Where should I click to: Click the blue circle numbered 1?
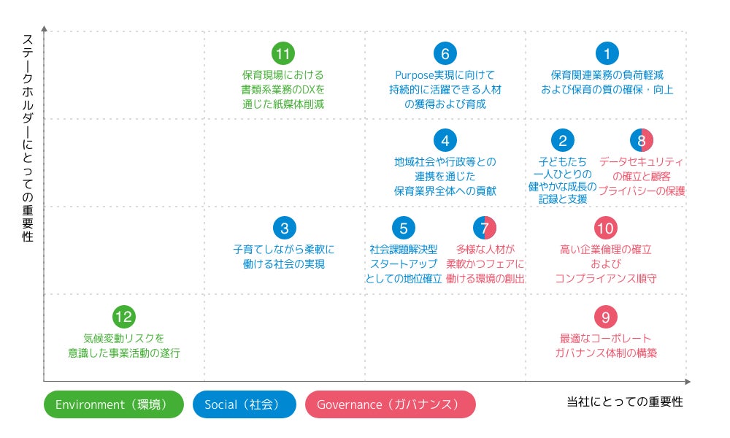607,53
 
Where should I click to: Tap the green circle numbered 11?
283,53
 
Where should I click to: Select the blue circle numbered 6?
445,53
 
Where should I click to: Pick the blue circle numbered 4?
445,141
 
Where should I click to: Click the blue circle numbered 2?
562,141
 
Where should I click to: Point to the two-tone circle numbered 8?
642,141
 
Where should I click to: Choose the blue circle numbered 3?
284,228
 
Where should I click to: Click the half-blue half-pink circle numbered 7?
485,228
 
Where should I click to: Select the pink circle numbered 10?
606,228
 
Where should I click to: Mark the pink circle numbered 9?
606,317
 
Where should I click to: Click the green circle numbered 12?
124,317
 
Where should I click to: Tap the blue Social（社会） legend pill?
244,404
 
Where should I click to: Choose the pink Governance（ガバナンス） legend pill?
390,404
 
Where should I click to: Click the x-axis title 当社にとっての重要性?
625,402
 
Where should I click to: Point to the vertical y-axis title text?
28,139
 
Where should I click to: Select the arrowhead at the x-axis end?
687,381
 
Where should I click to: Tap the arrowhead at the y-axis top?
45,28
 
